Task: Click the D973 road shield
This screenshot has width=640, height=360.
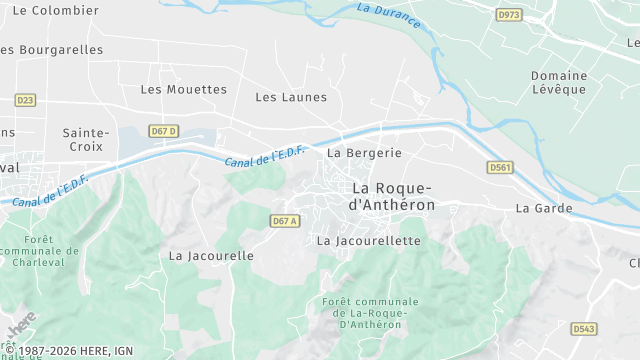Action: pyautogui.click(x=509, y=15)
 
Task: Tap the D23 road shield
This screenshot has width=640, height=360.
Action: pyautogui.click(x=25, y=100)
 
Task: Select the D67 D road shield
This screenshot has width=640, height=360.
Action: pyautogui.click(x=163, y=131)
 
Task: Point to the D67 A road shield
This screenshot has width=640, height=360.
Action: pyautogui.click(x=285, y=221)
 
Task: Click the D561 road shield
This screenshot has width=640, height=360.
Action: pyautogui.click(x=500, y=167)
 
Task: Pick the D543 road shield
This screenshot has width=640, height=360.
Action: pyautogui.click(x=584, y=328)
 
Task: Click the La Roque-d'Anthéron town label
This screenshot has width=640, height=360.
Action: pyautogui.click(x=392, y=196)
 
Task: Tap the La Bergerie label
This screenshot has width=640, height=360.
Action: pyautogui.click(x=364, y=153)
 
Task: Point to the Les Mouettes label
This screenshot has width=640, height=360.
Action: pyautogui.click(x=184, y=89)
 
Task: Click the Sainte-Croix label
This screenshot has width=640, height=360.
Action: pyautogui.click(x=86, y=139)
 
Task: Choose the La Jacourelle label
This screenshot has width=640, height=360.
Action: pyautogui.click(x=211, y=255)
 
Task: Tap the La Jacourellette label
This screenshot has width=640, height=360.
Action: pyautogui.click(x=368, y=241)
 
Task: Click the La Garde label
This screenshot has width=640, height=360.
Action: pyautogui.click(x=544, y=208)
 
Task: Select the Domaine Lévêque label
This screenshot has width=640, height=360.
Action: pyautogui.click(x=558, y=82)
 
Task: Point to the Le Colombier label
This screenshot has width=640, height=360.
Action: pyautogui.click(x=43, y=10)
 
